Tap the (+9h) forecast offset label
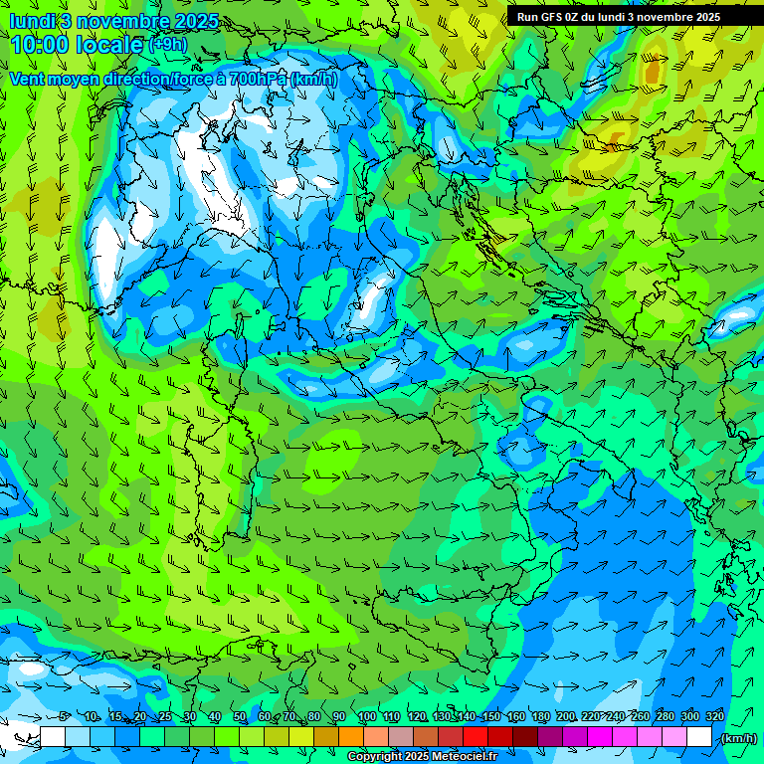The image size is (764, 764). click(167, 44)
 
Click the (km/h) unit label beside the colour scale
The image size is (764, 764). click(738, 738)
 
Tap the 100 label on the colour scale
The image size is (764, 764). click(366, 717)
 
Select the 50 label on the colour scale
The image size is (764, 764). click(240, 717)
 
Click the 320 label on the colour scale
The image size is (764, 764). click(714, 717)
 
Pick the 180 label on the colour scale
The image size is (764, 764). click(540, 717)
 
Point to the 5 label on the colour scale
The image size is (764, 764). click(64, 717)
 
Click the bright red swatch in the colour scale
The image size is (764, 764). click(476, 737)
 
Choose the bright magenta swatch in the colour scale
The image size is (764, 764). click(600, 737)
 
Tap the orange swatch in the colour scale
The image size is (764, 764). click(351, 737)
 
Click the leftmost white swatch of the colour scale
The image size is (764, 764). click(53, 737)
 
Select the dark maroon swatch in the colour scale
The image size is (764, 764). click(525, 737)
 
